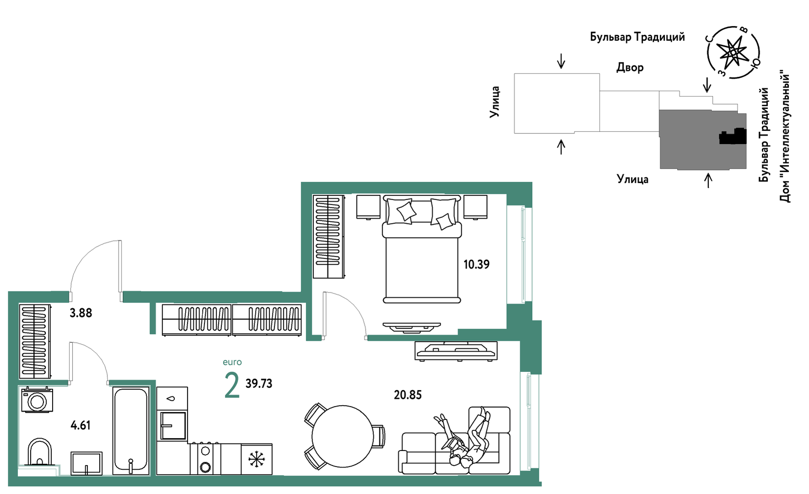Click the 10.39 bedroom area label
tap(476, 264)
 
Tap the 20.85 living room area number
tap(408, 395)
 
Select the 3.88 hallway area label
tap(81, 313)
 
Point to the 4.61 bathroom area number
tap(81, 425)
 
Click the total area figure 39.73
tap(259, 383)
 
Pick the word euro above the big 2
tap(232, 362)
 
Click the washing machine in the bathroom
tap(37, 400)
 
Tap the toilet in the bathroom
tap(40, 452)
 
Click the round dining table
tap(343, 436)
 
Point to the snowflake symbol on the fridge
tap(256, 459)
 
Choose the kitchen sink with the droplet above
tap(172, 425)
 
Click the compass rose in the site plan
tap(733, 52)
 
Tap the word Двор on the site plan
tap(630, 67)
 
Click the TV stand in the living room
tap(456, 351)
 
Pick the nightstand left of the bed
tap(368, 207)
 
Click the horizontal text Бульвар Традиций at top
tap(637, 37)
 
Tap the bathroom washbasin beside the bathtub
tap(86, 463)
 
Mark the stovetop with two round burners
tap(205, 459)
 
